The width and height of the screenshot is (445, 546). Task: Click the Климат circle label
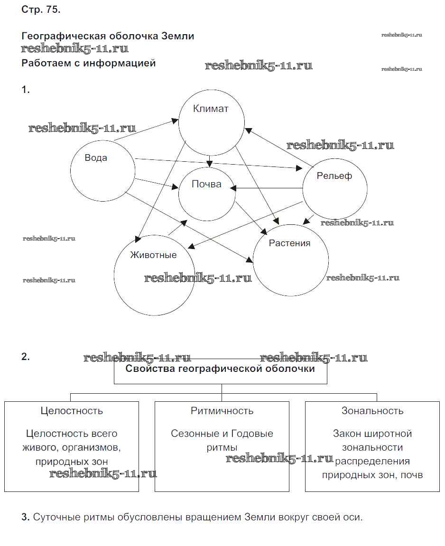[x=211, y=109]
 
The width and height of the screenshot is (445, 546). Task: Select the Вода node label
[x=96, y=158]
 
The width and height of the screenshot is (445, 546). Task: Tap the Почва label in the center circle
[x=206, y=184]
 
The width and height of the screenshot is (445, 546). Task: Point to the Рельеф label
[x=334, y=176]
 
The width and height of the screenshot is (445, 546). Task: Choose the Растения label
[x=289, y=243]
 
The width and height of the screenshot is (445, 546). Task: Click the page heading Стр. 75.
[x=41, y=10]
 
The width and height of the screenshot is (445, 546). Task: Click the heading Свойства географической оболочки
[x=220, y=369]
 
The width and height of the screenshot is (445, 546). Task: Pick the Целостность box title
[x=72, y=411]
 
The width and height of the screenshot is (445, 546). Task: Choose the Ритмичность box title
[x=222, y=411]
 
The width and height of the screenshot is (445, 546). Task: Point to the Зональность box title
[x=372, y=411]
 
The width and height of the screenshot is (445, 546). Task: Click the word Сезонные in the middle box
[x=191, y=434]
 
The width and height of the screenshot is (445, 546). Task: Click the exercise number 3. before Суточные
[x=26, y=517]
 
